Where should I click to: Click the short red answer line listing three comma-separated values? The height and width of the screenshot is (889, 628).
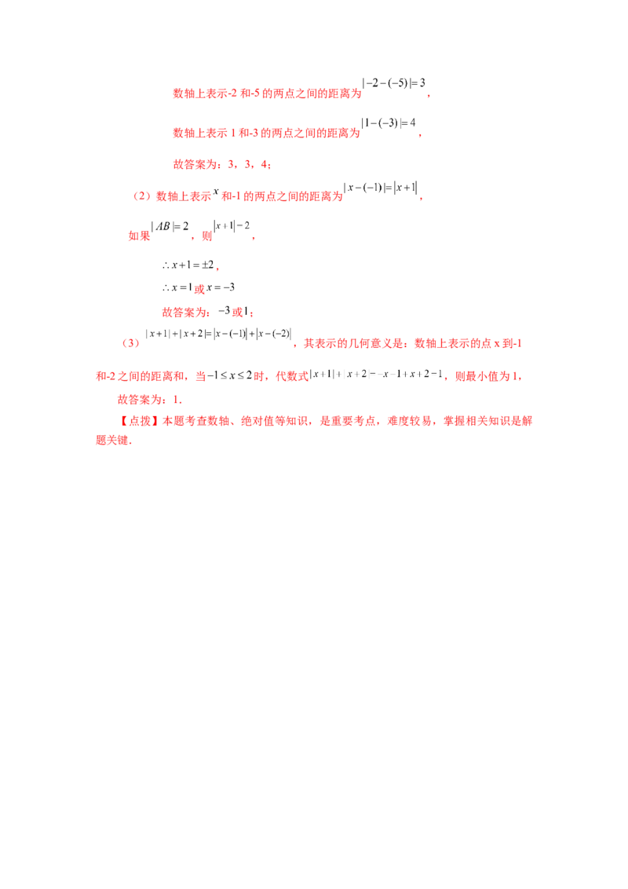[221, 165]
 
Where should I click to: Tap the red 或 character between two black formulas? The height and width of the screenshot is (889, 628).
[205, 235]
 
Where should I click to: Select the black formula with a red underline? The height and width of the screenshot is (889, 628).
[171, 230]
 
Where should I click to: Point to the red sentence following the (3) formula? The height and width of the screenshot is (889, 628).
[408, 344]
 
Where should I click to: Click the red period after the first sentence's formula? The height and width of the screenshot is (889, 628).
[431, 97]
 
